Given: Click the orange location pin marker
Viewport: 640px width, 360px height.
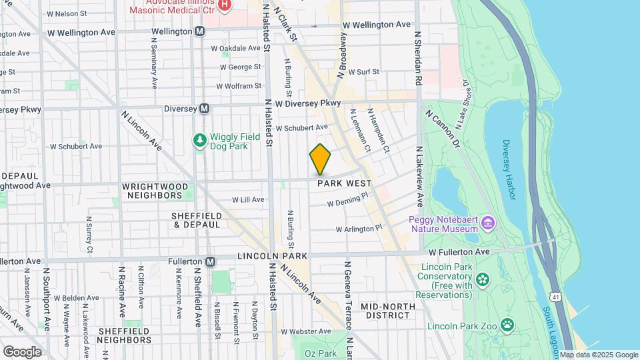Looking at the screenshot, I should (320, 159).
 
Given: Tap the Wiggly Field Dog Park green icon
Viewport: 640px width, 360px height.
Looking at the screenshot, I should (199, 141).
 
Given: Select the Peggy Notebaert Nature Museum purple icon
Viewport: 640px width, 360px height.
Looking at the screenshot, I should (488, 222).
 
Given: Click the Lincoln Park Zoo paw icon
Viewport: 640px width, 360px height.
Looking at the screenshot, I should (508, 325).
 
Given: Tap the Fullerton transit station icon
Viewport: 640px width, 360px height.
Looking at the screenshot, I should (211, 262).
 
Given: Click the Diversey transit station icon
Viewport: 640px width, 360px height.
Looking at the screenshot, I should (205, 109).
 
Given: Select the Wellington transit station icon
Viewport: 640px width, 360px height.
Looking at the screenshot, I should (200, 31).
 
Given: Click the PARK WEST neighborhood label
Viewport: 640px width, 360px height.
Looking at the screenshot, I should (344, 183).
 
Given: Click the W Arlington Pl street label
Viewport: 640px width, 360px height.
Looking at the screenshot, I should (359, 228).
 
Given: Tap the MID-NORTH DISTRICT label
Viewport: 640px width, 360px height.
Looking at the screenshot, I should (388, 311).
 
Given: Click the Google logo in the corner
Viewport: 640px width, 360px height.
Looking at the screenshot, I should (22, 351).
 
